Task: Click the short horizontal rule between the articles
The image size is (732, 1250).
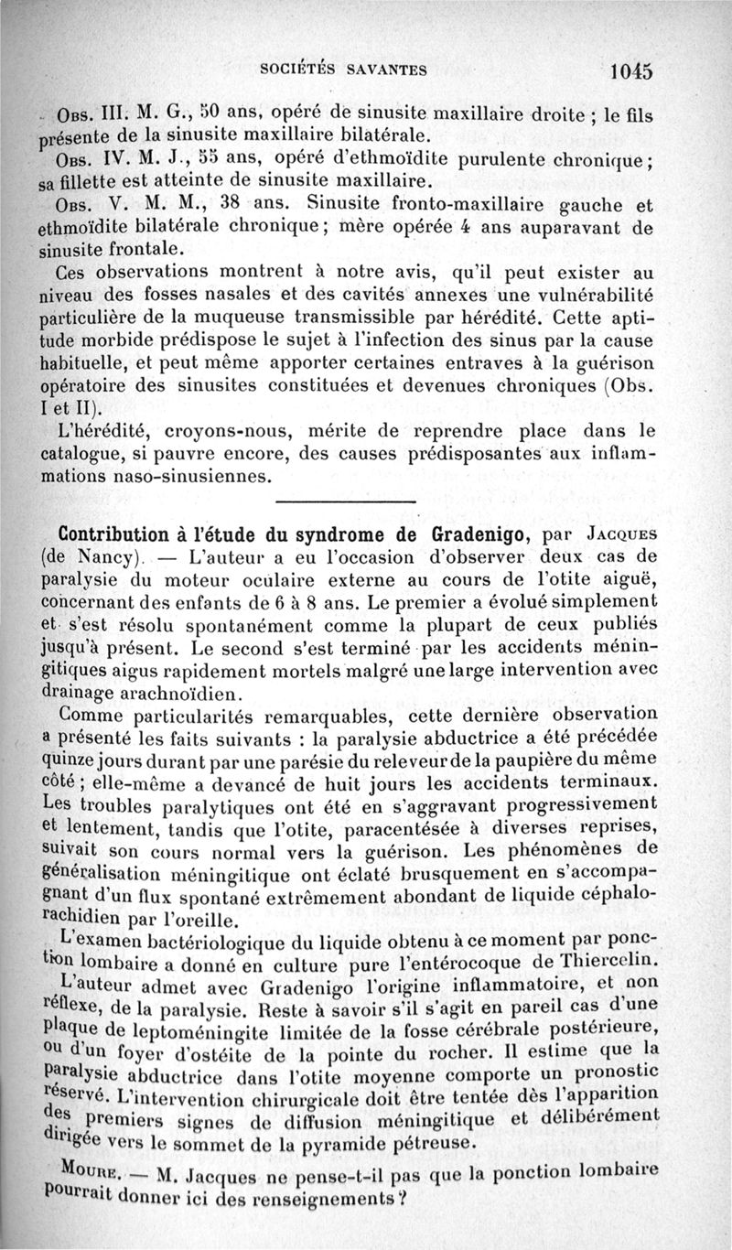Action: point(344,501)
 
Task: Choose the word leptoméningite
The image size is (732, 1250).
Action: point(187,1029)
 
